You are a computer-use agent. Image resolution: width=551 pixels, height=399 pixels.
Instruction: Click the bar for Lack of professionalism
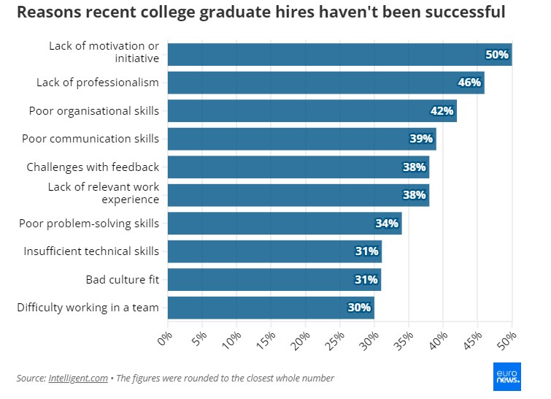point(321,83)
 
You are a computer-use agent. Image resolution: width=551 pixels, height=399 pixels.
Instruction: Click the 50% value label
point(497,55)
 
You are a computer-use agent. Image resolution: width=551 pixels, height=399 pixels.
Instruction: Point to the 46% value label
point(469,83)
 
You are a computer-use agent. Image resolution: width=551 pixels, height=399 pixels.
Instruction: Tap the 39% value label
point(421,139)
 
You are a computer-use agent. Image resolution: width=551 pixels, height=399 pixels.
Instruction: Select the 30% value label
point(359,308)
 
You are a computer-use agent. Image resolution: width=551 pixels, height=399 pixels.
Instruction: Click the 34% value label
point(387,223)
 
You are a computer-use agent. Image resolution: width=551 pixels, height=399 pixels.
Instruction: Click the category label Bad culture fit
point(122,279)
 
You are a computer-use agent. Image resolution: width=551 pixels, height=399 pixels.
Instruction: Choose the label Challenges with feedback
point(93,167)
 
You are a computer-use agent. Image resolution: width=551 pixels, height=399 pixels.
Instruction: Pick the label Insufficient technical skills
point(91,251)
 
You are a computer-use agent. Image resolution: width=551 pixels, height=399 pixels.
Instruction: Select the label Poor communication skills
point(90,139)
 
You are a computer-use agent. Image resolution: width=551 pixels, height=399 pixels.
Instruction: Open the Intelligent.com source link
point(77,378)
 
